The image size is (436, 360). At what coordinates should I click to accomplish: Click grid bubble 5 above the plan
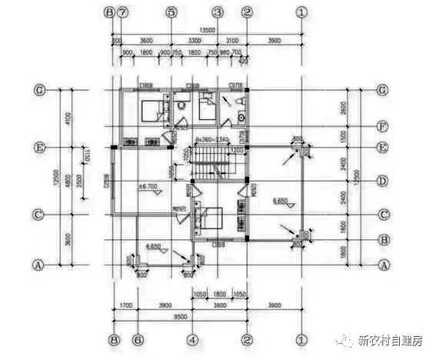tap(171, 12)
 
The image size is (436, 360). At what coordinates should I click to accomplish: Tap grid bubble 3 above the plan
tap(218, 12)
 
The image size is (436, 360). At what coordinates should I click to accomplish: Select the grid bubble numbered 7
tap(123, 12)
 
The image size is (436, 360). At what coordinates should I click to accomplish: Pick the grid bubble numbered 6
tap(138, 338)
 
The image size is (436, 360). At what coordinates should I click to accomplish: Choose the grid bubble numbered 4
tap(192, 338)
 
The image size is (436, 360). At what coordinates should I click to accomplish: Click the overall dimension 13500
tap(208, 31)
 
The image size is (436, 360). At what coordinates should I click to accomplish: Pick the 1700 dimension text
tap(125, 305)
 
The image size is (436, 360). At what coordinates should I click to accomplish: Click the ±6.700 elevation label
tap(148, 187)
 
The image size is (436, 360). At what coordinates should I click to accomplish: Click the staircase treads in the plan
tap(211, 163)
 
